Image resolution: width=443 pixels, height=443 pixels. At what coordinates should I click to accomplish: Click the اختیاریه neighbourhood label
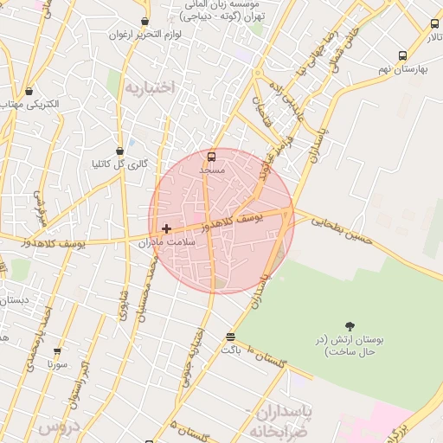tap(149, 87)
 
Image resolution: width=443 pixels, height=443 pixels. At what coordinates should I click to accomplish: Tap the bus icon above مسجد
tap(212, 157)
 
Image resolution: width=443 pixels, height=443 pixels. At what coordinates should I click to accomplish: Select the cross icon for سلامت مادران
tap(167, 228)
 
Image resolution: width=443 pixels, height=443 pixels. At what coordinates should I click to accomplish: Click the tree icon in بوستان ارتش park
tap(350, 325)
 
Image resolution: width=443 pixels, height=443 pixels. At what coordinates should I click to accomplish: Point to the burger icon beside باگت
tap(230, 337)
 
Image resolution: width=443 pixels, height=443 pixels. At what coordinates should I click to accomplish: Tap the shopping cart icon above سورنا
tap(57, 352)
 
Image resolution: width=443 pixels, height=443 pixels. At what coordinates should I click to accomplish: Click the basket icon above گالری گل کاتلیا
tap(119, 150)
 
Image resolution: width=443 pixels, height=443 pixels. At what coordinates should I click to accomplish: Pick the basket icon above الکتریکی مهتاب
tap(29, 90)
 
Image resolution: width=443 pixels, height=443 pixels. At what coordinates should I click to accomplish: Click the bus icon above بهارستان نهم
tap(402, 55)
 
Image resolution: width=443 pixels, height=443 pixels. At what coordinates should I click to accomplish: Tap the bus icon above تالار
tap(434, 26)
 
